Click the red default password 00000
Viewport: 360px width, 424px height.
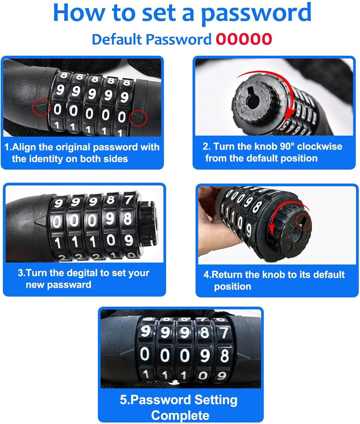point(244,39)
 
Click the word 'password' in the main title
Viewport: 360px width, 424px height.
point(256,13)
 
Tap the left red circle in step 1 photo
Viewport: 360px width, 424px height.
point(41,107)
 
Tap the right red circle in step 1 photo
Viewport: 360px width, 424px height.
point(138,118)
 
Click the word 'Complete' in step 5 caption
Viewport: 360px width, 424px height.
point(180,415)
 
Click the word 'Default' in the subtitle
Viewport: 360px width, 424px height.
point(116,39)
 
